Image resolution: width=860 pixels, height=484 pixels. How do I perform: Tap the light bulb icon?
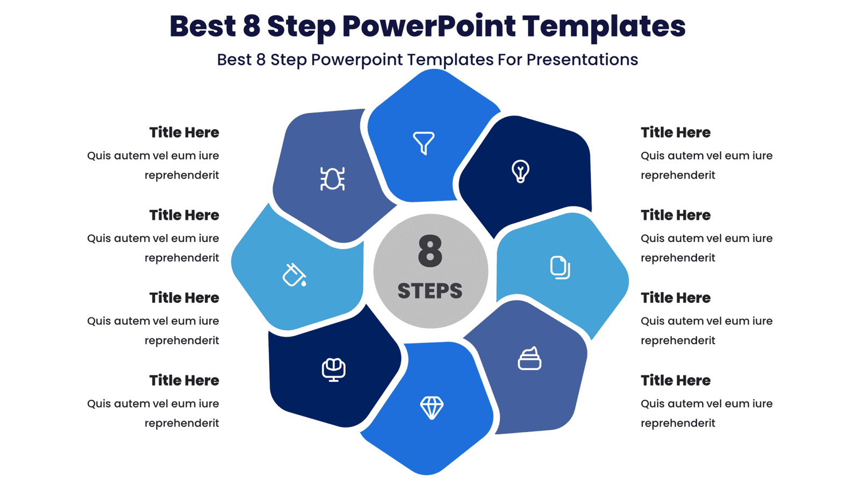520,172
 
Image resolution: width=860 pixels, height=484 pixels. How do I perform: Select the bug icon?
332,179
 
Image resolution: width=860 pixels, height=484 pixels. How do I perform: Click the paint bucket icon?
295,275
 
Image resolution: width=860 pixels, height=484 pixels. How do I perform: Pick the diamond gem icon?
432,408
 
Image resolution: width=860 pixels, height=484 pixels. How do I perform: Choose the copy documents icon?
560,267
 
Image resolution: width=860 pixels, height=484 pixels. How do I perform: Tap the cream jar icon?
529,359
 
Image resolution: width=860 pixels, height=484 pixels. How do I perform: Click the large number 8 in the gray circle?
430,251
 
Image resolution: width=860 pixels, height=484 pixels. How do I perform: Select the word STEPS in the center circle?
430,291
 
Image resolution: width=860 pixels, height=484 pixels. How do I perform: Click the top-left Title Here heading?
184,132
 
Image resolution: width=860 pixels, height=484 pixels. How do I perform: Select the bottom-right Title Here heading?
675,380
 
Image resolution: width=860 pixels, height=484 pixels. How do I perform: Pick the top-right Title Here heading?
675,132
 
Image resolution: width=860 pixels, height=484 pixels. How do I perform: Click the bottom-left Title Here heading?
184,380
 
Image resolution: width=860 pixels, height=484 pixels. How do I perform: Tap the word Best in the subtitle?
234,60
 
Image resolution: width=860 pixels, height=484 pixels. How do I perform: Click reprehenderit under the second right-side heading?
677,258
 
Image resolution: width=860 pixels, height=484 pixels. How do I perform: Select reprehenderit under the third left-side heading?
182,340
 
